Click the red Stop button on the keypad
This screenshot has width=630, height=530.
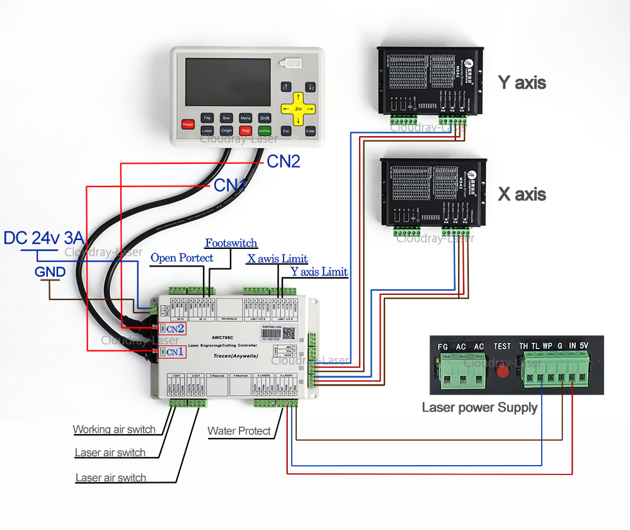(x=245, y=130)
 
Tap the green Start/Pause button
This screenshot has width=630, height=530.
(x=265, y=130)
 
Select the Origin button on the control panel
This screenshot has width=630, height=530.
(x=226, y=130)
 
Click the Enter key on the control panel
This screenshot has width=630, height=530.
(x=310, y=131)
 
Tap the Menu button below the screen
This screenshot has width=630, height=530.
(x=245, y=118)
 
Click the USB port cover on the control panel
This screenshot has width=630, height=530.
(x=291, y=64)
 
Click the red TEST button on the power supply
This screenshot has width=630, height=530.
(x=501, y=370)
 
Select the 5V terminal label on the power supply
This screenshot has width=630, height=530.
(x=583, y=346)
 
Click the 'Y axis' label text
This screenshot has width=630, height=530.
(x=522, y=83)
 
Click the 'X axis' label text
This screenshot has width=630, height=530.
(x=522, y=194)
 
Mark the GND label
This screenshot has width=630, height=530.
(x=50, y=272)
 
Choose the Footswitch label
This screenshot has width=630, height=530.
(x=231, y=243)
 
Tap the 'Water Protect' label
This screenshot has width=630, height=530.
(x=239, y=431)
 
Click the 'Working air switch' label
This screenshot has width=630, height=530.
(x=114, y=430)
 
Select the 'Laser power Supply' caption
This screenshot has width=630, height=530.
(x=479, y=407)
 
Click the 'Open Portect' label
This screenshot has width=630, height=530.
(x=181, y=258)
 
